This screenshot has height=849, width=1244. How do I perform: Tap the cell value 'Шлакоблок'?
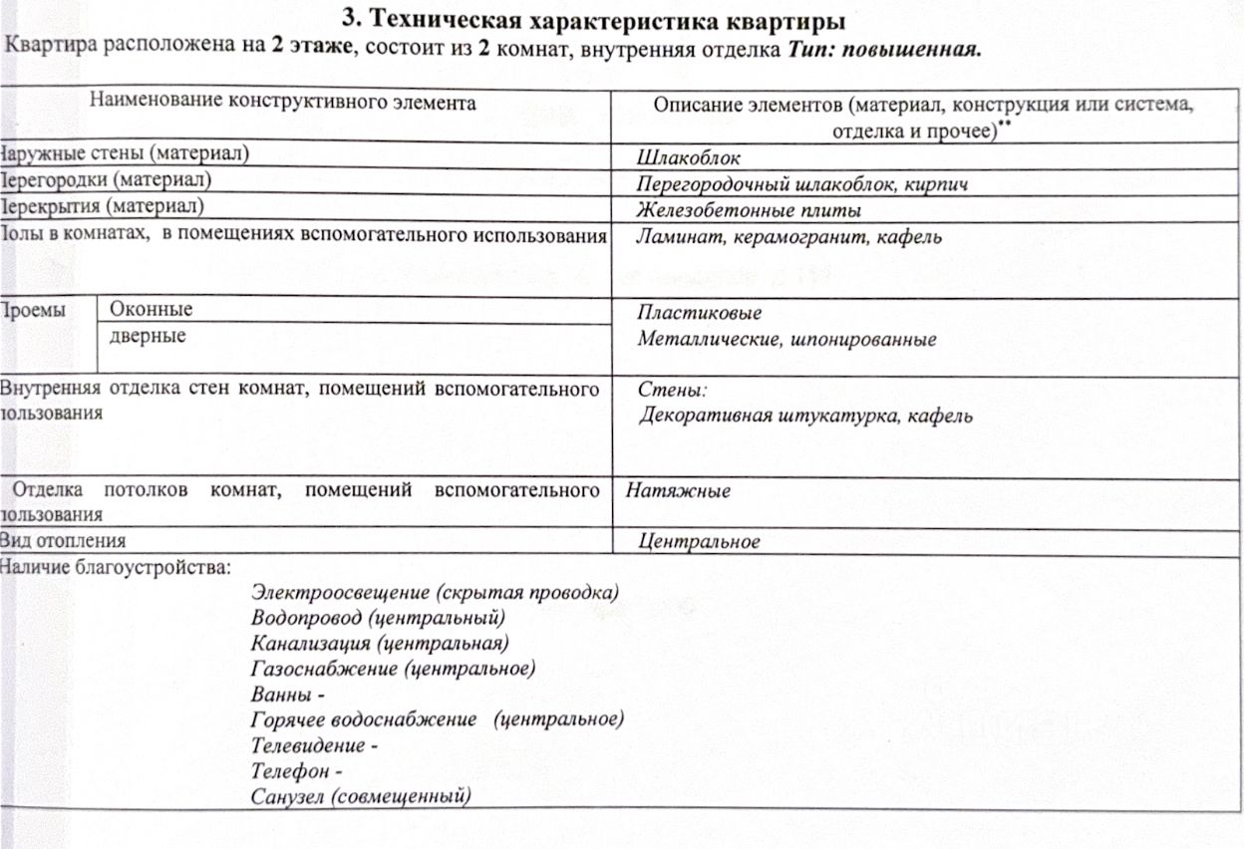pos(689,158)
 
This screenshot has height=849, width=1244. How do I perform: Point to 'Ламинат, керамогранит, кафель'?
pos(788,237)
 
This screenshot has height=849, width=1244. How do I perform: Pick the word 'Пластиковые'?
pos(700,313)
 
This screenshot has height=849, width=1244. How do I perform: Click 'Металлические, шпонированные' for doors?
pos(786,340)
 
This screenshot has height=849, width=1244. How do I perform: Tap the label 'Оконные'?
pos(152,310)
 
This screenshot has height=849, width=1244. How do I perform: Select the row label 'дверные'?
pos(148,336)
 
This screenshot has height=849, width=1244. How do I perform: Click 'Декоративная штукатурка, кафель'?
pos(805,416)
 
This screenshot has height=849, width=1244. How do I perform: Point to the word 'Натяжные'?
pos(678,491)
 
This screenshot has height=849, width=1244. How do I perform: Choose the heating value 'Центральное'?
pos(699,542)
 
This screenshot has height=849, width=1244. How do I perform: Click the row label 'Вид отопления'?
pos(64,541)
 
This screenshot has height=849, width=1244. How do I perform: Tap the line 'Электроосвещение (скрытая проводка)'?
pos(435,593)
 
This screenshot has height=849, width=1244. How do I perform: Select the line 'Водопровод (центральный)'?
pos(379,618)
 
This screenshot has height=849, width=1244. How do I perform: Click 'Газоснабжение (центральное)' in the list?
pos(394,668)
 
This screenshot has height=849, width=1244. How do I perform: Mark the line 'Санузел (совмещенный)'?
pos(362,796)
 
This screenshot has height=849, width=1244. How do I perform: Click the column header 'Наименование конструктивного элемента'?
pos(283,102)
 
